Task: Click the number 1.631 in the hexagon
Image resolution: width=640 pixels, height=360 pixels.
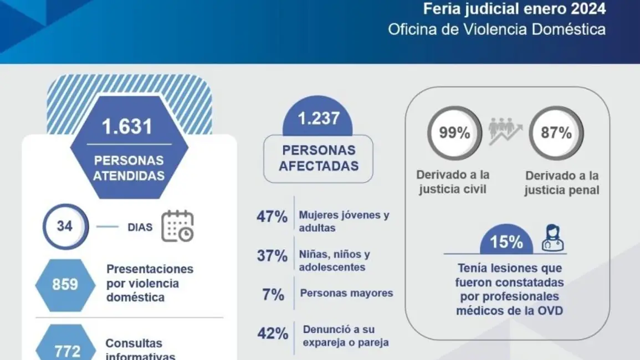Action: [x=127, y=127]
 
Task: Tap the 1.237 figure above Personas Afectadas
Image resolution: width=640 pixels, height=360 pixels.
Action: [x=319, y=119]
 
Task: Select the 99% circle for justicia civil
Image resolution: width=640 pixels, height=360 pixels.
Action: [x=454, y=133]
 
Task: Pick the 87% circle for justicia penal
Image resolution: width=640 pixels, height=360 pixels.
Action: [x=556, y=133]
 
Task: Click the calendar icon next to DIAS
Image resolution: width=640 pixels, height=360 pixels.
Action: [x=177, y=226]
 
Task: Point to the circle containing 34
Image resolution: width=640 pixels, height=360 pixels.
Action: [x=65, y=226]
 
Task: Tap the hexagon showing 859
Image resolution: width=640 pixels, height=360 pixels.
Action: [x=65, y=284]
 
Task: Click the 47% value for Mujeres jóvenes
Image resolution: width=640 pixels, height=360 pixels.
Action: [x=272, y=217]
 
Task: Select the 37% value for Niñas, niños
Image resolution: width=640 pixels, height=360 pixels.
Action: [x=272, y=256]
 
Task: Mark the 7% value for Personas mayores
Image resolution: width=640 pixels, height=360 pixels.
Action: [x=273, y=294]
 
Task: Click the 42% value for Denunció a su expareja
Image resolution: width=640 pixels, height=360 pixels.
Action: [x=273, y=333]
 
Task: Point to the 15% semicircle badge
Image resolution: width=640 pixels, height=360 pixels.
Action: [x=506, y=242]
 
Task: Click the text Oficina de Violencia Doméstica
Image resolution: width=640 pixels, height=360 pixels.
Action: [x=496, y=29]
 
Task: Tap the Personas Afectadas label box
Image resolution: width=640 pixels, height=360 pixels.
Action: [x=318, y=158]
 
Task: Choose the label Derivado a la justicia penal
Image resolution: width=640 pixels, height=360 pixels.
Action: [x=562, y=183]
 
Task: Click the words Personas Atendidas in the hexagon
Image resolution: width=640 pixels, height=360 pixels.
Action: [x=129, y=168]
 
